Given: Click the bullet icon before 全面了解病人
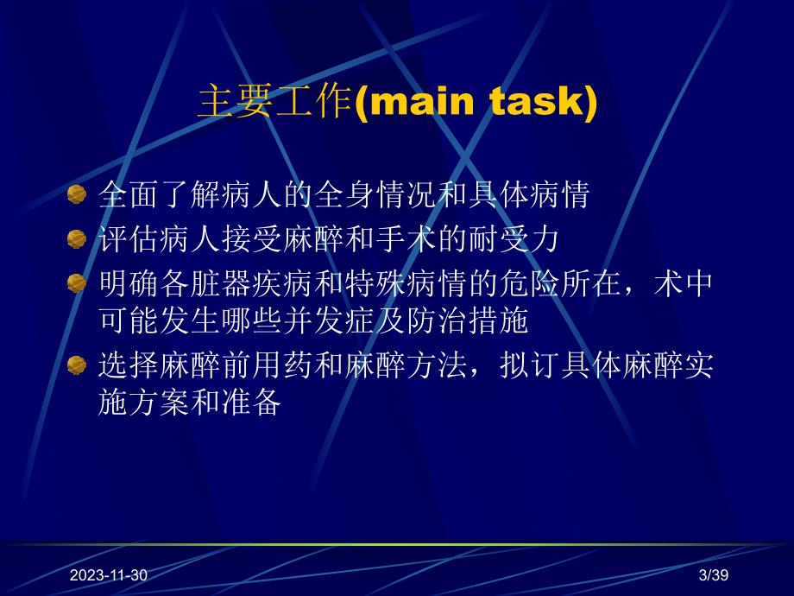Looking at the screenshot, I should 78,194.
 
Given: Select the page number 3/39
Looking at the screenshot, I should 714,574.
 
